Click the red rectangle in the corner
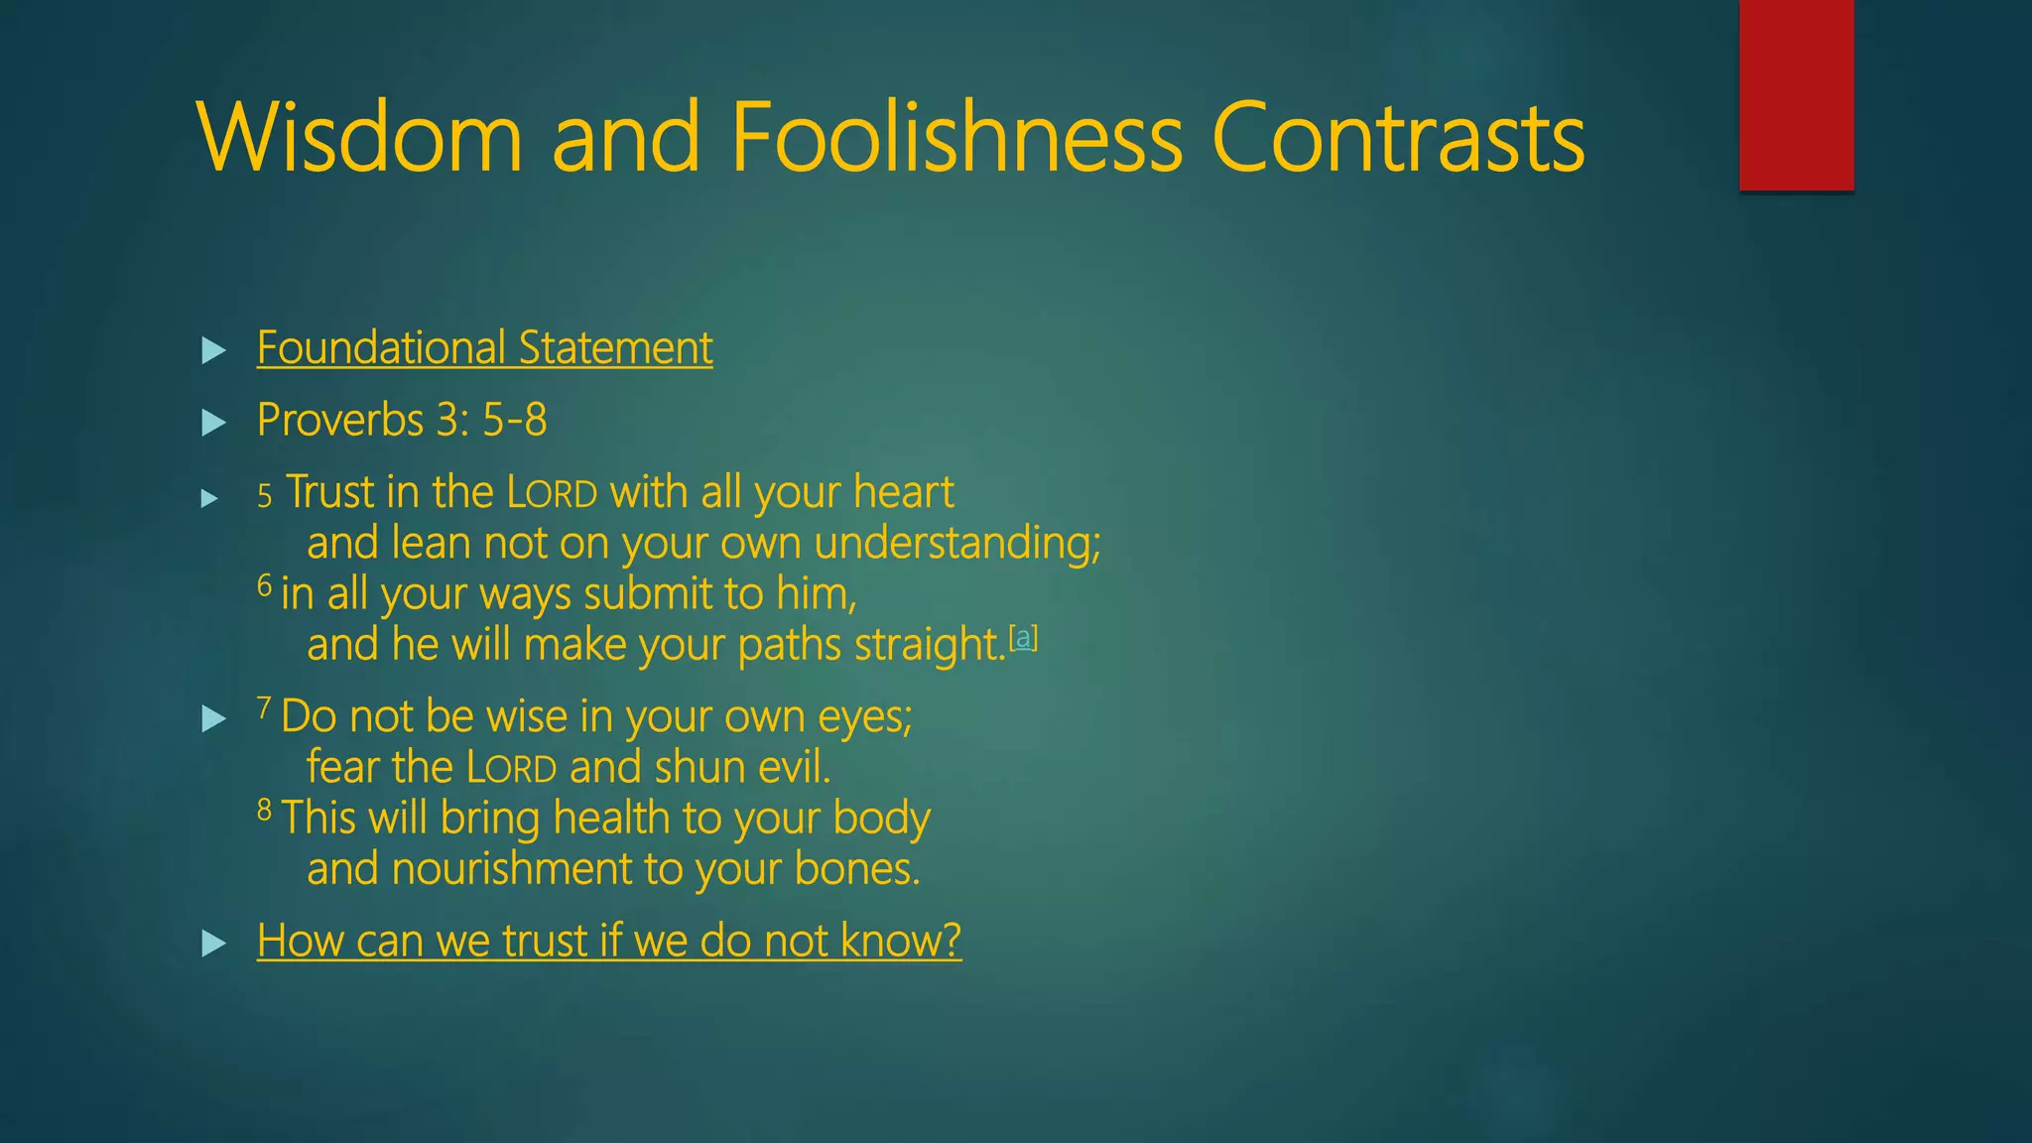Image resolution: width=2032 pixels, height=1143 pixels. coord(1796,94)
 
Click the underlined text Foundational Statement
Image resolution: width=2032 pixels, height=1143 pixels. coord(484,348)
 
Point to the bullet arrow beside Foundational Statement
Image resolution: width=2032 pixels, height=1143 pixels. coord(213,350)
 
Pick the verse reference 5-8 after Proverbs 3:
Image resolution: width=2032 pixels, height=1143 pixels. coord(514,421)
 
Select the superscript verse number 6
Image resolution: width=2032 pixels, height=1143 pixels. coord(264,586)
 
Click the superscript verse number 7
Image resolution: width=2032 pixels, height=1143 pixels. coord(264,708)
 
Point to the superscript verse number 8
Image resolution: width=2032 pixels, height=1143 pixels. coord(264,811)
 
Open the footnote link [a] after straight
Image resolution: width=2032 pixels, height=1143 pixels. coord(1023,637)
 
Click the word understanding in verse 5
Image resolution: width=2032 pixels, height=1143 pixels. coord(956,544)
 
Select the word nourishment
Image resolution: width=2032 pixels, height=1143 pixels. coord(511,869)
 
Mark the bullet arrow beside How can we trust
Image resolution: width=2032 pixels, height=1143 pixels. coord(213,943)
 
